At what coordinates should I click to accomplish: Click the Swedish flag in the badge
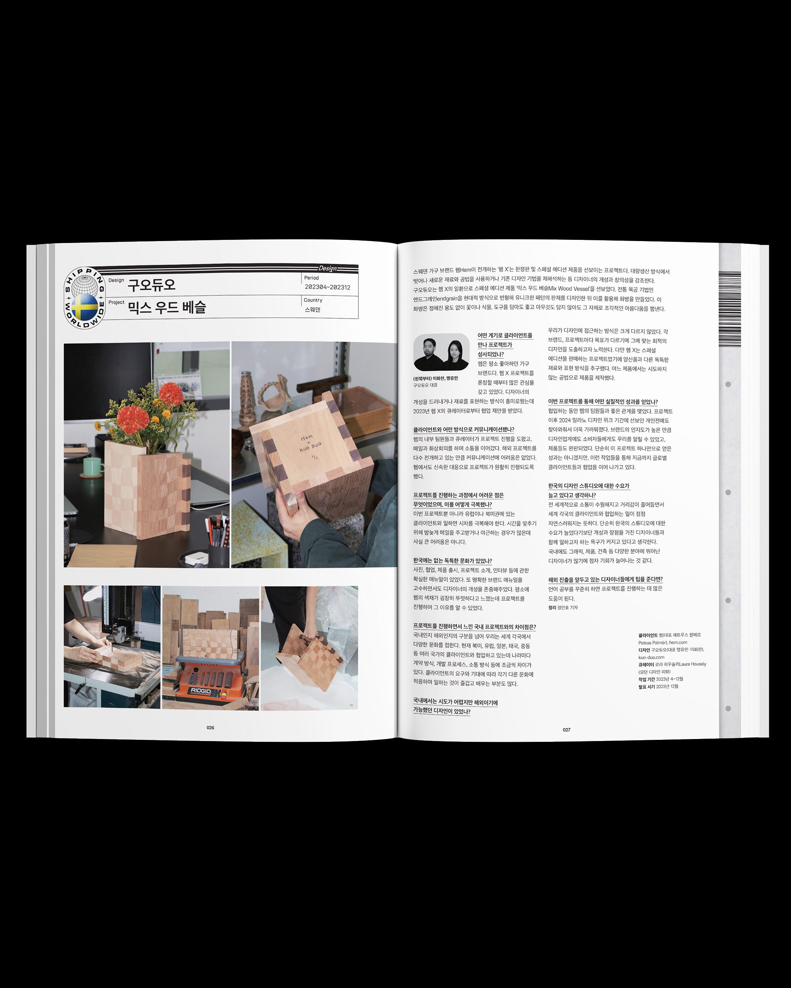pyautogui.click(x=84, y=307)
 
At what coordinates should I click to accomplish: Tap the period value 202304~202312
pyautogui.click(x=327, y=287)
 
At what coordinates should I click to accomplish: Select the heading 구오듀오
pyautogui.click(x=151, y=285)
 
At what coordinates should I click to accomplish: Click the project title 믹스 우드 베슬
pyautogui.click(x=167, y=307)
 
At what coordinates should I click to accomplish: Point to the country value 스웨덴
pyautogui.click(x=312, y=310)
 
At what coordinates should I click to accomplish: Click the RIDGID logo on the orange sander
pyautogui.click(x=201, y=690)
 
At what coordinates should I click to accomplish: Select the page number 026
pyautogui.click(x=210, y=728)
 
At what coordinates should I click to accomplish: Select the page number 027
pyautogui.click(x=567, y=730)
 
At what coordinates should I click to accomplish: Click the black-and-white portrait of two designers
pyautogui.click(x=441, y=352)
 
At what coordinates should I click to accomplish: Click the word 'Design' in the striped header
pyautogui.click(x=327, y=268)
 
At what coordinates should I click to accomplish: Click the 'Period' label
pyautogui.click(x=311, y=278)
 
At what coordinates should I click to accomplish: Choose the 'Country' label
pyautogui.click(x=313, y=300)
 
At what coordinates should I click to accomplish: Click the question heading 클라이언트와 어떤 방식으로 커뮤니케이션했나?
pyautogui.click(x=464, y=430)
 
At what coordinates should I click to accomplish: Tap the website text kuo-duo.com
pyautogui.click(x=651, y=657)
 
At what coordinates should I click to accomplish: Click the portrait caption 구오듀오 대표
pyautogui.click(x=425, y=385)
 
